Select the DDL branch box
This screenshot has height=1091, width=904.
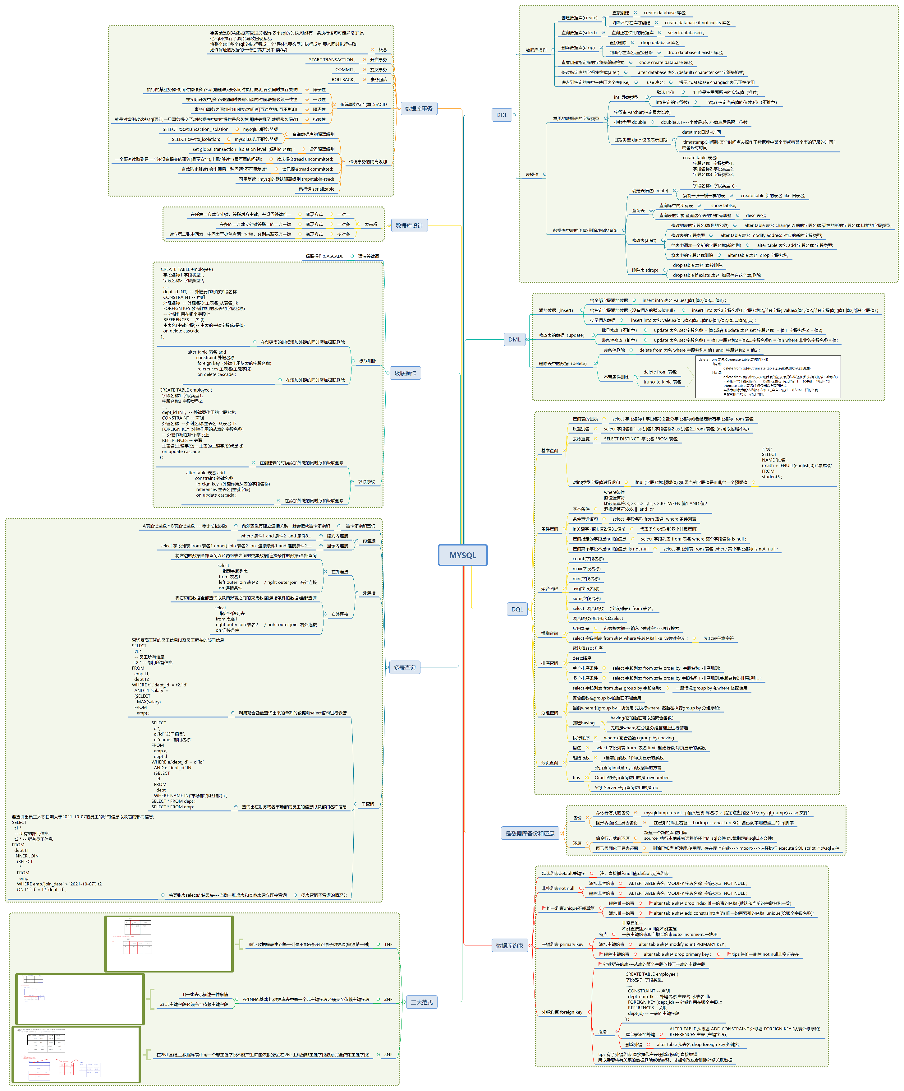pos(502,115)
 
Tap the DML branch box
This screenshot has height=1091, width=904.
pos(514,339)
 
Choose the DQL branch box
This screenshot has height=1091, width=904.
pos(517,609)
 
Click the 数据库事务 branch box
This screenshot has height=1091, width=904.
pos(419,109)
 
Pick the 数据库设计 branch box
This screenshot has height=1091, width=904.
pos(409,225)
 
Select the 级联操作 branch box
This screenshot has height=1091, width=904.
pos(405,373)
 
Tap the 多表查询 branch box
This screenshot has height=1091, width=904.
pos(405,668)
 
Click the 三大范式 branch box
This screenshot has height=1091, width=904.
pos(422,1002)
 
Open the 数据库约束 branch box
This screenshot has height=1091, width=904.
pos(509,945)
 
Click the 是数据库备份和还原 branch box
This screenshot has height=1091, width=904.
pos(530,833)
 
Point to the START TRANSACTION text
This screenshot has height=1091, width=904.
pos(332,60)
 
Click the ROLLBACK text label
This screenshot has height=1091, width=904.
pos(343,80)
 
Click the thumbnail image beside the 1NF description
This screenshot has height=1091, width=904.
pos(169,944)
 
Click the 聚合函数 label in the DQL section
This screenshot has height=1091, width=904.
pos(549,589)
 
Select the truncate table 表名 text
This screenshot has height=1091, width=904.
pos(662,382)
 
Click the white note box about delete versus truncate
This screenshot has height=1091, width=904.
pos(768,377)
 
